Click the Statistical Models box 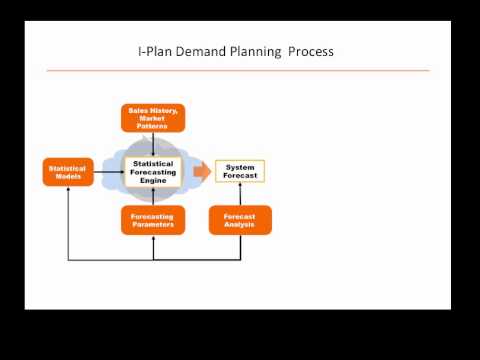(68, 172)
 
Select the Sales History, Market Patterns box (153, 118)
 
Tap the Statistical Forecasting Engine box (153, 171)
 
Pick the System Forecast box (240, 171)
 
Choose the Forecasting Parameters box (153, 220)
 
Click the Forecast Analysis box (240, 220)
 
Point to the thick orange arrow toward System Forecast (202, 171)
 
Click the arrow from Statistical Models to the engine (107, 172)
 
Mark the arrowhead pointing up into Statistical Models (68, 190)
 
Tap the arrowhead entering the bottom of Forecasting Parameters (153, 238)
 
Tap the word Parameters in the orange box (153, 225)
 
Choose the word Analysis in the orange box (240, 225)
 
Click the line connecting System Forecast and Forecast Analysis (240, 194)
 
